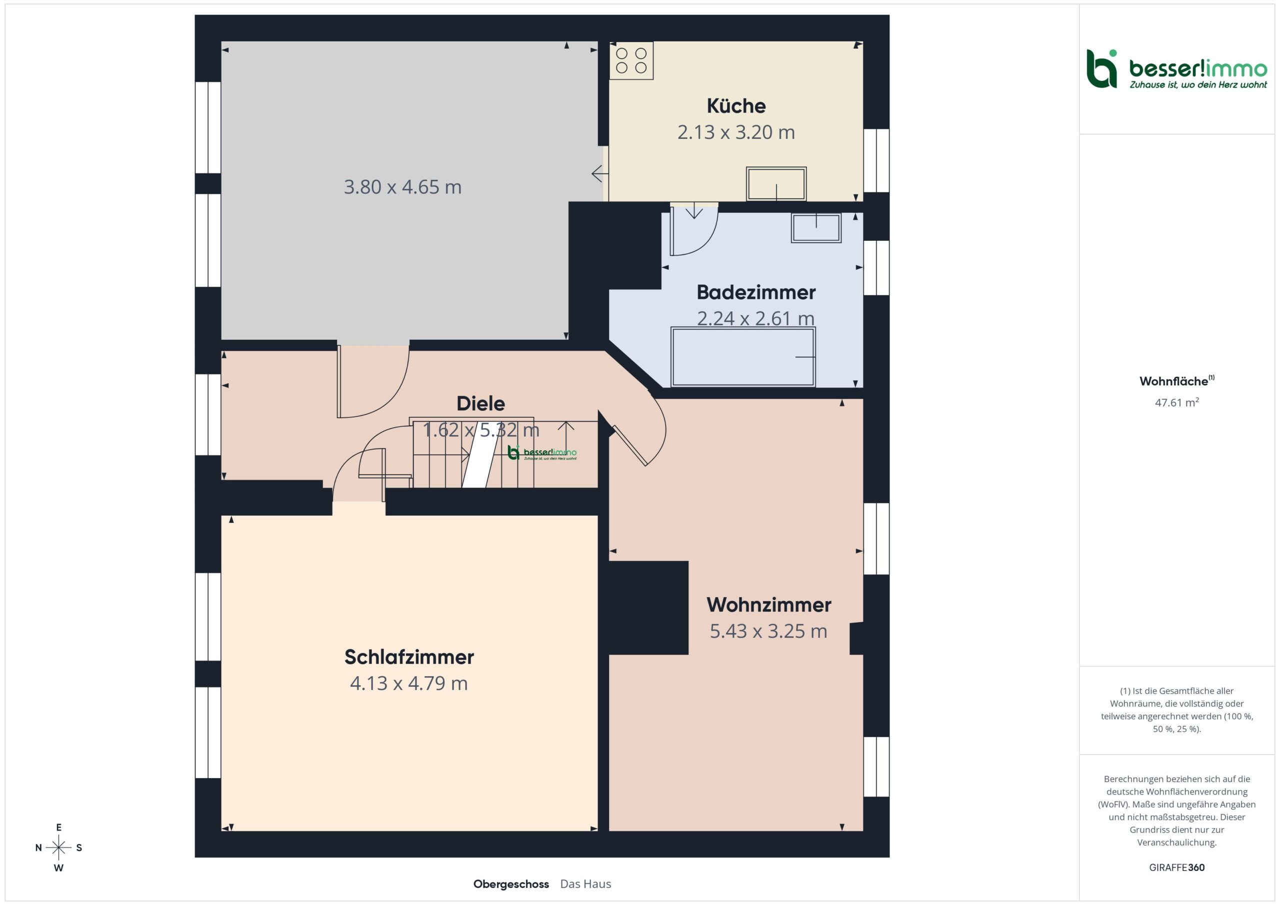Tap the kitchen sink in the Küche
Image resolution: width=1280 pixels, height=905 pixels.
click(x=776, y=183)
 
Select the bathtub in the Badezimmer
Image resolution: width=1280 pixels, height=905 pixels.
click(x=742, y=357)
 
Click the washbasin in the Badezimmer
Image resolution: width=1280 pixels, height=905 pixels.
click(x=816, y=228)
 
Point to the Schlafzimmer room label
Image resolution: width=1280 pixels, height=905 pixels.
click(x=409, y=657)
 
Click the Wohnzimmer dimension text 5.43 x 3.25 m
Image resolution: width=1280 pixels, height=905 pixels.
click(x=768, y=631)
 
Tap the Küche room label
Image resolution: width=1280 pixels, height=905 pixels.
click(x=736, y=106)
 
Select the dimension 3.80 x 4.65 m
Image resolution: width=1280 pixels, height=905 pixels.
click(x=402, y=187)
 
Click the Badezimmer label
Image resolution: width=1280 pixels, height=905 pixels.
click(x=756, y=292)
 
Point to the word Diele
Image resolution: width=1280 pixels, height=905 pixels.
click(x=480, y=403)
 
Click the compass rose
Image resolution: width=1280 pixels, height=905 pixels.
click(x=58, y=848)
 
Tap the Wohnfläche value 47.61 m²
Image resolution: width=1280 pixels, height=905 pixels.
click(x=1177, y=402)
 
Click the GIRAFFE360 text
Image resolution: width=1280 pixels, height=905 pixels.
click(x=1177, y=867)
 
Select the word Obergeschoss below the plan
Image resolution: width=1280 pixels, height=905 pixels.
click(x=511, y=884)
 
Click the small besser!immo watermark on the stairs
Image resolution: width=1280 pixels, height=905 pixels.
click(x=542, y=453)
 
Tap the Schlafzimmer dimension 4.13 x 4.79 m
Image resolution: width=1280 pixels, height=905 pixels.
click(x=408, y=683)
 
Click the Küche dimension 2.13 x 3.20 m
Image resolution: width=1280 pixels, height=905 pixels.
click(x=736, y=132)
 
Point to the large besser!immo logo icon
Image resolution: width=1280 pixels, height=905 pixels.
click(x=1101, y=68)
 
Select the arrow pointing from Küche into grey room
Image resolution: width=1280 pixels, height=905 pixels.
click(x=600, y=174)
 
